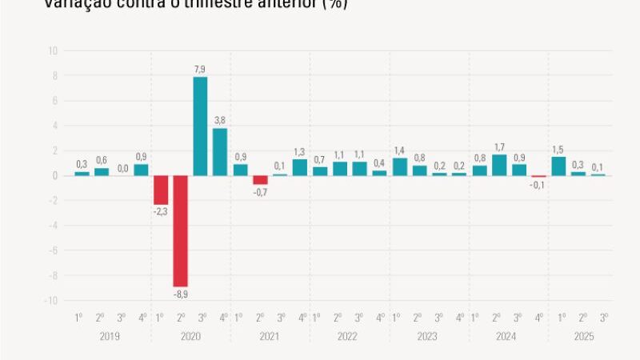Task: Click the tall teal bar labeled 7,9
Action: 200,126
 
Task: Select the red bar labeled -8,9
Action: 180,230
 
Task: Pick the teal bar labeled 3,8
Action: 220,152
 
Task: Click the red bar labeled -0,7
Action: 260,180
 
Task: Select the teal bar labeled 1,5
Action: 558,166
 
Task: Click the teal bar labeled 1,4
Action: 400,166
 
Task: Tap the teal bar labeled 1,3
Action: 300,167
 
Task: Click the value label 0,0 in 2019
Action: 122,168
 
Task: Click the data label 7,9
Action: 200,70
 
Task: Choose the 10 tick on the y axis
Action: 53,51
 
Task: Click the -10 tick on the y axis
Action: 51,301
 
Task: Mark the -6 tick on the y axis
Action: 53,251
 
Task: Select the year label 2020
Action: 190,337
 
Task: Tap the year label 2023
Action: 429,337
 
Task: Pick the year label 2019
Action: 110,337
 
